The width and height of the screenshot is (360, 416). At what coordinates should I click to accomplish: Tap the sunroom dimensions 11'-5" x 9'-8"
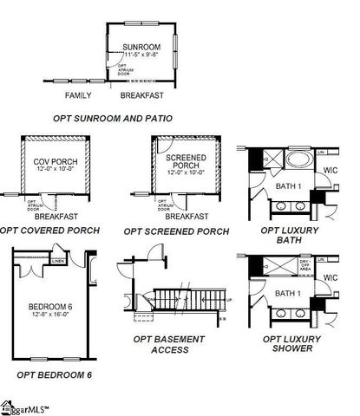(x=141, y=55)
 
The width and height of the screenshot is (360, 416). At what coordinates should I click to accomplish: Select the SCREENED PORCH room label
(x=186, y=161)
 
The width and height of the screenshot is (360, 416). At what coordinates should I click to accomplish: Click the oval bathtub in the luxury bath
(x=299, y=162)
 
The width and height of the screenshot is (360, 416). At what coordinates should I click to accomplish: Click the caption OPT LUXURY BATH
(x=291, y=237)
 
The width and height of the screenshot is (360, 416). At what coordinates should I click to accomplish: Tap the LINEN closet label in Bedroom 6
(x=58, y=260)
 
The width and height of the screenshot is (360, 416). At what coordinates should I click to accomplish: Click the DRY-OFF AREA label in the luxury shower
(x=306, y=264)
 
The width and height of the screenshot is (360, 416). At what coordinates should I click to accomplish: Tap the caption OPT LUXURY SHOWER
(x=291, y=344)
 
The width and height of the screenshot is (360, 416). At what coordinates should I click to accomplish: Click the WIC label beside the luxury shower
(x=329, y=277)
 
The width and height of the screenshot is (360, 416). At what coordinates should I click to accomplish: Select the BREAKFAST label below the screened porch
(x=187, y=216)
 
